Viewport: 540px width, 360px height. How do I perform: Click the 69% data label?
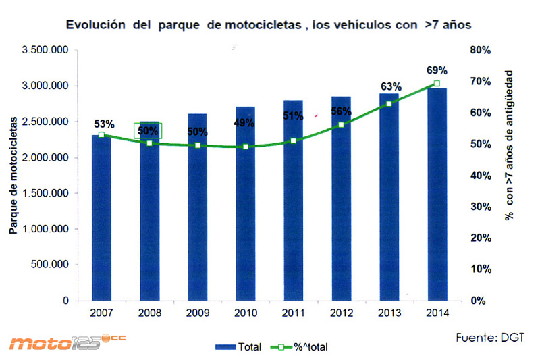click(437, 70)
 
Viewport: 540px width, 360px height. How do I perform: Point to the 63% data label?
click(391, 86)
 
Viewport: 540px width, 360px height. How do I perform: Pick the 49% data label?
click(244, 123)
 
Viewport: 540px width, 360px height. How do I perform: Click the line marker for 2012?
click(341, 125)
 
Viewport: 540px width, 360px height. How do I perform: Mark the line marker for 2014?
click(437, 84)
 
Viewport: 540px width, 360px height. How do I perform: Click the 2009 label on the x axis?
click(197, 313)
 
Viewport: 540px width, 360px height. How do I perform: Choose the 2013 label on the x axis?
click(389, 313)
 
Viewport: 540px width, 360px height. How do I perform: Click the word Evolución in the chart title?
click(92, 25)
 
